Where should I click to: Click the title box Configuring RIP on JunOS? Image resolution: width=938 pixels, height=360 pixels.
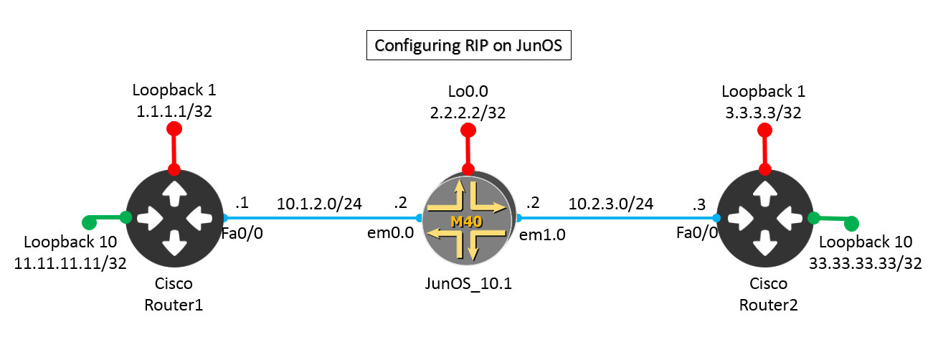tap(468, 47)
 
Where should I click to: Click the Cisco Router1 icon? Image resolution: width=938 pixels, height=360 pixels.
tap(174, 217)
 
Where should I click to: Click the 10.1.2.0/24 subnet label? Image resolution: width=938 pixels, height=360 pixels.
tap(319, 204)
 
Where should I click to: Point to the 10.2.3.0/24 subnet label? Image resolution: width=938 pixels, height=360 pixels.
tap(611, 204)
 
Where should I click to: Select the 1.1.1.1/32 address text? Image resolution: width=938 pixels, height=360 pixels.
tap(174, 111)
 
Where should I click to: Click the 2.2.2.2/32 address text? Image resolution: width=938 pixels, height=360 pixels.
tap(468, 111)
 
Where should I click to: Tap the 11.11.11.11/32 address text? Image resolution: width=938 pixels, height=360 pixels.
tap(70, 262)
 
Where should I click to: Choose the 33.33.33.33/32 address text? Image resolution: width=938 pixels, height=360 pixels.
tap(865, 262)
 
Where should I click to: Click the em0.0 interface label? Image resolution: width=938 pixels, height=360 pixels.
tap(394, 232)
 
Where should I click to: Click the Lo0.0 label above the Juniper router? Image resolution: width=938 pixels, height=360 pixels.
tap(468, 91)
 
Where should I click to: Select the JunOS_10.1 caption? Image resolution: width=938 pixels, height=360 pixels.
tap(470, 283)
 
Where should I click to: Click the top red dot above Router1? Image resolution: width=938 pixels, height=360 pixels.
tap(174, 129)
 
